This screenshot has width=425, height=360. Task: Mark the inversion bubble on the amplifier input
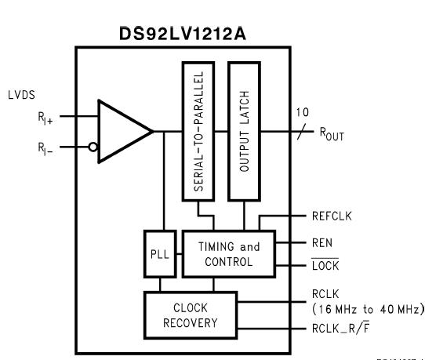tap(93, 145)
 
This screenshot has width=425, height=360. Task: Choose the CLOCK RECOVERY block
tap(191, 314)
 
